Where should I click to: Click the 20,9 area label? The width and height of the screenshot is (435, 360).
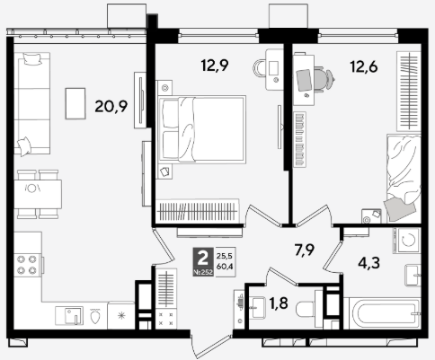(111, 106)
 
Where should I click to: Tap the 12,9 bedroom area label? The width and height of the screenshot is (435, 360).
(215, 66)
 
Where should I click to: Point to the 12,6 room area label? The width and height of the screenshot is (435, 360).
(364, 66)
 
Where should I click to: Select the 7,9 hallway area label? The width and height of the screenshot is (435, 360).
(304, 250)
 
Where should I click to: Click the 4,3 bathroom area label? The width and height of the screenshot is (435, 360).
(369, 263)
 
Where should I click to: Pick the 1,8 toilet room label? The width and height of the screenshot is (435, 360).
(279, 303)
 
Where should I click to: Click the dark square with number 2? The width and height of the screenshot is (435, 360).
(203, 261)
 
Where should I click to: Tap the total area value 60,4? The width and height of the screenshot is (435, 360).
(225, 267)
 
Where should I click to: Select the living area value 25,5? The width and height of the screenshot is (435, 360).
(225, 256)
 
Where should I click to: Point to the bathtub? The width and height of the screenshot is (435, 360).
(382, 313)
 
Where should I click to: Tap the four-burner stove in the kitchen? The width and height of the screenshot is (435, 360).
(27, 265)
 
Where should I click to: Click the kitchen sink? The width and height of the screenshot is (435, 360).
(69, 315)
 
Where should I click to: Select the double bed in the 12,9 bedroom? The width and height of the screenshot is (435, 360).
(202, 129)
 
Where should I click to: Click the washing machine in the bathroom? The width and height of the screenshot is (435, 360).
(407, 241)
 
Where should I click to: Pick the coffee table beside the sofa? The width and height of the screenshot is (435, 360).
(75, 103)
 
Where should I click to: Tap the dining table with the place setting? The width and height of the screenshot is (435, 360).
(38, 194)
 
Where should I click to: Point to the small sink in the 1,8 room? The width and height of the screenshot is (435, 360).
(257, 307)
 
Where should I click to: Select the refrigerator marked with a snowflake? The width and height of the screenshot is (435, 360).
(121, 315)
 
